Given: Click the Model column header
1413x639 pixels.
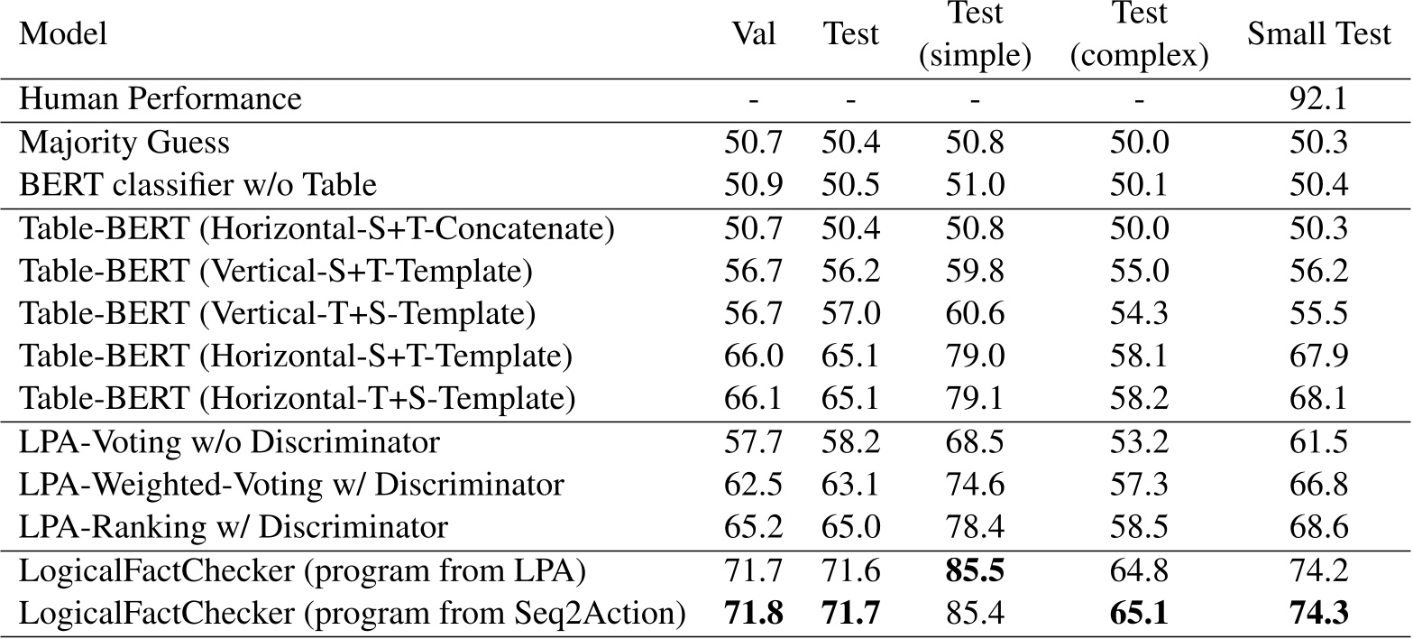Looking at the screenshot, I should [63, 35].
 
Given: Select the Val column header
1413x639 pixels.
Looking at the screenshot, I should [754, 35].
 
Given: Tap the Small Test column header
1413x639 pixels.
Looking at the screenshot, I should [1319, 35].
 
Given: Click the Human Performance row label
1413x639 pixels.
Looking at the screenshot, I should [161, 99].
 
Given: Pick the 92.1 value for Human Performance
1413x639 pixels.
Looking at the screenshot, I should [1319, 99].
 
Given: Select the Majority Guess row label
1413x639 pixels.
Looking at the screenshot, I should [124, 143].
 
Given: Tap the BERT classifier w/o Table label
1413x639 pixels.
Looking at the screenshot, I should [197, 185].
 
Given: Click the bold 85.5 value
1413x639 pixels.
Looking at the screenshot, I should [974, 571].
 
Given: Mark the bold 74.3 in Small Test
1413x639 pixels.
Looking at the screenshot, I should [1319, 614].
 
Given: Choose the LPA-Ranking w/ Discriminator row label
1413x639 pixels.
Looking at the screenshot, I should [234, 527].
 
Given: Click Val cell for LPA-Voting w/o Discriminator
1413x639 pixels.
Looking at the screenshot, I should [754, 442].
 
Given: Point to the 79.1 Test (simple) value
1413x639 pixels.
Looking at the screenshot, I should [974, 398].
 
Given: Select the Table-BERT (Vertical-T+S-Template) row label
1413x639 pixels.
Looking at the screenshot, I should [278, 313].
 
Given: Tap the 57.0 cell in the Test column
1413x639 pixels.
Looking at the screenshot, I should [850, 313].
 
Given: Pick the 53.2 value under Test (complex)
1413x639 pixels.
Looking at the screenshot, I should [1139, 442].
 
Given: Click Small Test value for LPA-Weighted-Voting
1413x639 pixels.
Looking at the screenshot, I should [1319, 485].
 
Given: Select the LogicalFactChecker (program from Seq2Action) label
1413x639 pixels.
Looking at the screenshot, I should [352, 614].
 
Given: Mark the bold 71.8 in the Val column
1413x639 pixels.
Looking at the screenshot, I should [754, 614].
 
